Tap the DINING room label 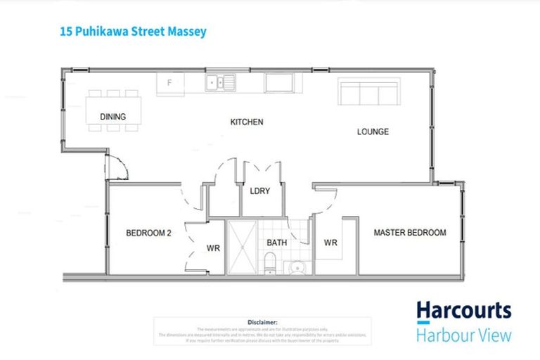click(113, 117)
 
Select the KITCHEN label click(247, 122)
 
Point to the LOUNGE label click(373, 131)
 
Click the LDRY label click(260, 191)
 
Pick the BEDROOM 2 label click(149, 233)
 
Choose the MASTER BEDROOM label click(409, 233)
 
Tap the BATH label click(276, 243)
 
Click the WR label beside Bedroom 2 click(213, 248)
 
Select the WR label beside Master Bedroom click(331, 243)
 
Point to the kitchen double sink click(220, 83)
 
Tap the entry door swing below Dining click(115, 169)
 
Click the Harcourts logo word click(463, 310)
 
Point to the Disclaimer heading click(263, 323)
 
